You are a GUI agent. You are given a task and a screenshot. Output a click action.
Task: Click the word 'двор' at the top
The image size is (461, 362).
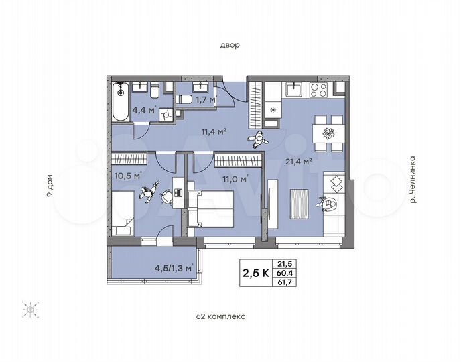point(230,45)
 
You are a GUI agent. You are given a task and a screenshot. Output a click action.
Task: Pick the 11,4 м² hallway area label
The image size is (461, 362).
point(213,131)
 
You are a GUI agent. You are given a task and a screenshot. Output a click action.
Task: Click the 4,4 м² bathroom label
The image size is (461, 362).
point(144,110)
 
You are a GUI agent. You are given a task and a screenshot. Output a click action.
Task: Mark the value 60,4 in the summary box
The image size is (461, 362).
point(287,272)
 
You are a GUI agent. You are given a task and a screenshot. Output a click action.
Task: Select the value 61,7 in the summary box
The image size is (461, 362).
point(287,282)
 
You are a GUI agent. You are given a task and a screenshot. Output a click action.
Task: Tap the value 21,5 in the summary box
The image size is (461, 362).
point(287,263)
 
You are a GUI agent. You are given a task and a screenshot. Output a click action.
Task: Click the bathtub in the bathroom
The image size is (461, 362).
point(121,103)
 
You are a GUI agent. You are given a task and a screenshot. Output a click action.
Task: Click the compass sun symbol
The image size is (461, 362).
point(30,310)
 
